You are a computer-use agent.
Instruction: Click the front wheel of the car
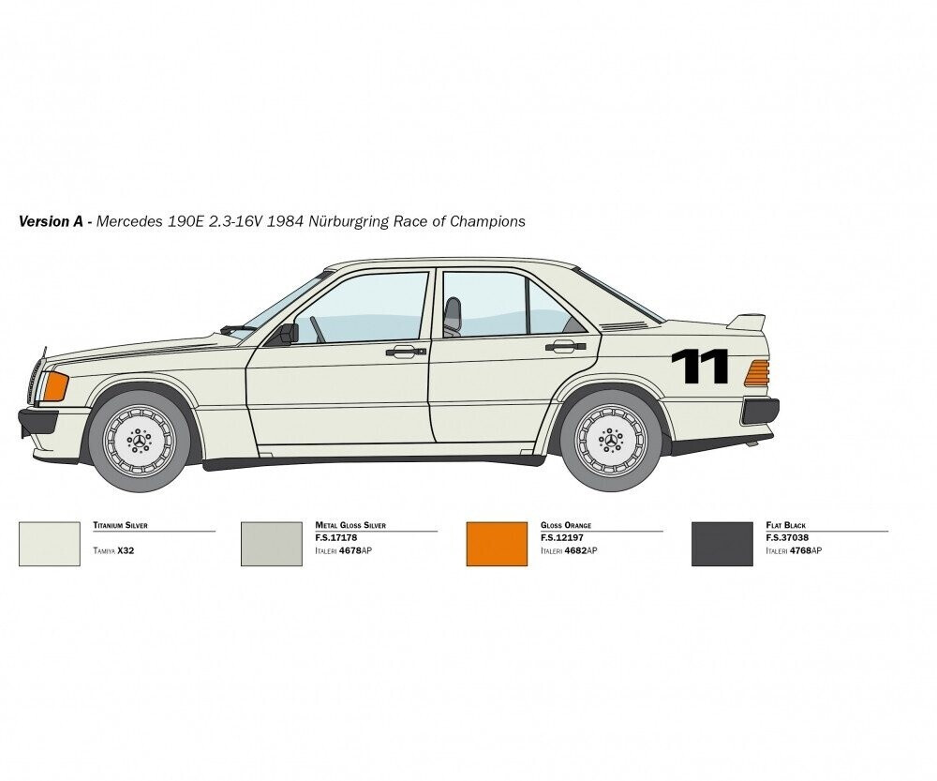(x=139, y=439)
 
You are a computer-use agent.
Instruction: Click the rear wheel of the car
(x=611, y=439)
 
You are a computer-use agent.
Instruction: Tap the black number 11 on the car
(x=699, y=366)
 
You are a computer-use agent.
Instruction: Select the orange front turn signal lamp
(x=52, y=385)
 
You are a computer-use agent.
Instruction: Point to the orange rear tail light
(x=756, y=373)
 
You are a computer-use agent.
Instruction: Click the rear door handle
(x=565, y=347)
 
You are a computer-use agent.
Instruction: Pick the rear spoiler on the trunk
(x=746, y=322)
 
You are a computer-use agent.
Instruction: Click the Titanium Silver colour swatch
(x=50, y=544)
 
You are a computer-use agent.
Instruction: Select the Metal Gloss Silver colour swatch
(x=272, y=544)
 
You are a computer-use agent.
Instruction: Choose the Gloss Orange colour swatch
(x=497, y=544)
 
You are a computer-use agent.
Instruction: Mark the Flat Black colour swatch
(x=722, y=544)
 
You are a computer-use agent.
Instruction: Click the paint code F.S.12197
(x=563, y=538)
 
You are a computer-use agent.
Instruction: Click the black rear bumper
(x=761, y=411)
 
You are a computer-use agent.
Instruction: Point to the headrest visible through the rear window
(x=454, y=313)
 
